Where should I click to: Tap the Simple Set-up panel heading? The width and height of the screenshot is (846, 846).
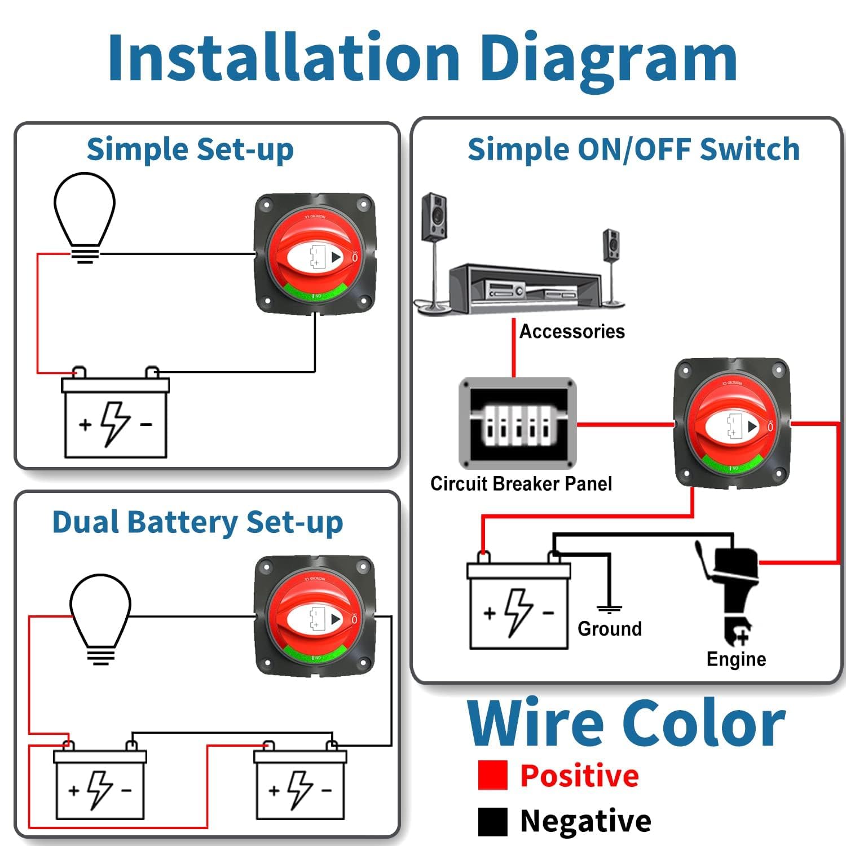pos(190,150)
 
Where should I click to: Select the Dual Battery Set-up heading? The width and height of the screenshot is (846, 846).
pos(197,522)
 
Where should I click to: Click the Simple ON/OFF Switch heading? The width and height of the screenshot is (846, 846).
pos(633,150)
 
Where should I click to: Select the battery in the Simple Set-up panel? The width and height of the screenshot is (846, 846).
pos(115,417)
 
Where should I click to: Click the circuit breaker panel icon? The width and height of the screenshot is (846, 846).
pos(518,424)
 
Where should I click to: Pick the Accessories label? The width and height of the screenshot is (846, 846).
pos(572,332)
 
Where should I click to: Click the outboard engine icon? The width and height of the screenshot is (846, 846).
pos(730,592)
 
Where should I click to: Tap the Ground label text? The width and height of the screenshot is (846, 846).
pos(610,629)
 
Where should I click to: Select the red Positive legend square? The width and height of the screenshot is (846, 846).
pos(492,775)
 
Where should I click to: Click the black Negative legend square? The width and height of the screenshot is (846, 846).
pos(492,821)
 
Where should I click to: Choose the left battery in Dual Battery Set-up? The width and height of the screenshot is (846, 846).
pos(100,784)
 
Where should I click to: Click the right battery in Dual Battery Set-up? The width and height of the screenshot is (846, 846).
pos(300,784)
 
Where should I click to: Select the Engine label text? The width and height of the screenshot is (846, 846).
pos(736,659)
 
